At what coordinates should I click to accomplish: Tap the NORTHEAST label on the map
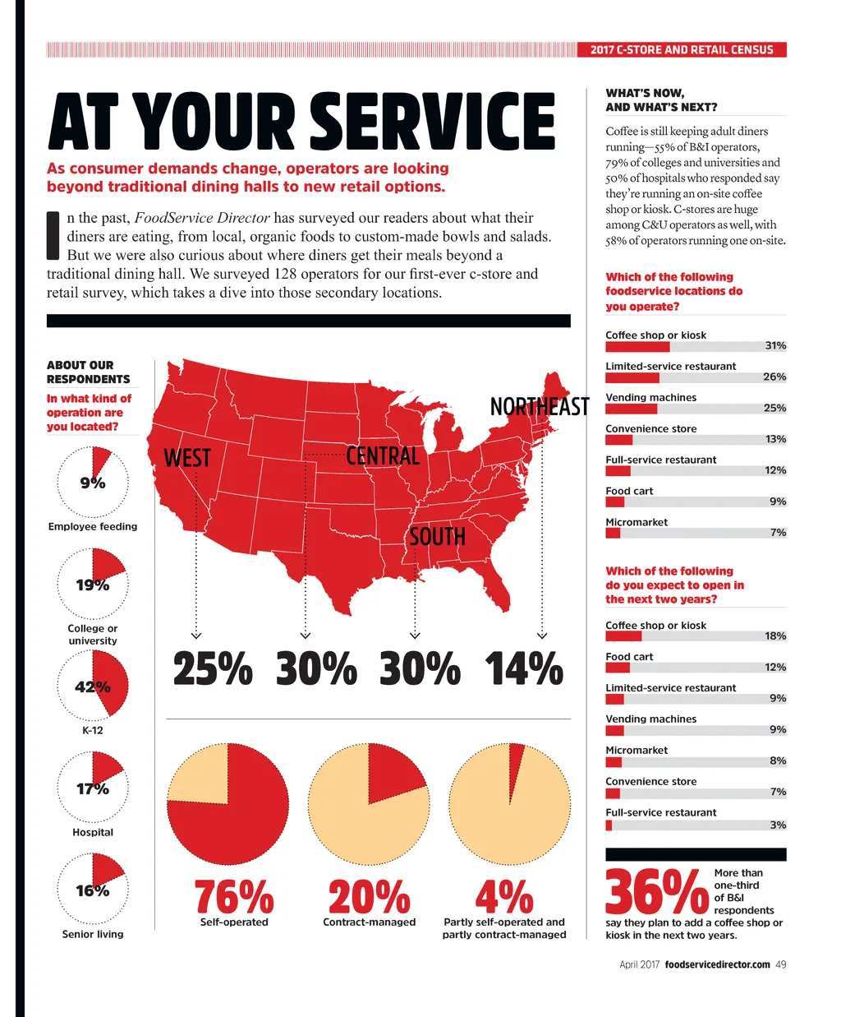tap(540, 407)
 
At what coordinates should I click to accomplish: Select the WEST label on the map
tap(187, 458)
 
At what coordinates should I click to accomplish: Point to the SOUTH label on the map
tap(437, 537)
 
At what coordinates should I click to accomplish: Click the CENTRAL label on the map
tap(383, 455)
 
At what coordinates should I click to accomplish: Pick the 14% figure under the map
tap(524, 669)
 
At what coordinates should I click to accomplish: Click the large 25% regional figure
tap(213, 669)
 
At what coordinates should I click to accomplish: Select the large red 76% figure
tap(234, 896)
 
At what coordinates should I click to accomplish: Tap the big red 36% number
tap(656, 892)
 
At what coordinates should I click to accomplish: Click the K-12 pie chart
tap(93, 685)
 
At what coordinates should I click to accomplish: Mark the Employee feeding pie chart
tap(93, 482)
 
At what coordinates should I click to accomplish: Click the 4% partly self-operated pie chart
tap(509, 804)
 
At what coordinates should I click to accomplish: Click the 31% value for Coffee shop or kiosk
tap(775, 346)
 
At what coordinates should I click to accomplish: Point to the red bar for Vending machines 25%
tap(631, 409)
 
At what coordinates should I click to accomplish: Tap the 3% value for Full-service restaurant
tap(778, 825)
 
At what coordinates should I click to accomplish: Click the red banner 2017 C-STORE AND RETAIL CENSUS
tap(682, 50)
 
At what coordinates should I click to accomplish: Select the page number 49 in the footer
tap(780, 964)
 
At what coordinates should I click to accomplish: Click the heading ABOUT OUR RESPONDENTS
tap(88, 372)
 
